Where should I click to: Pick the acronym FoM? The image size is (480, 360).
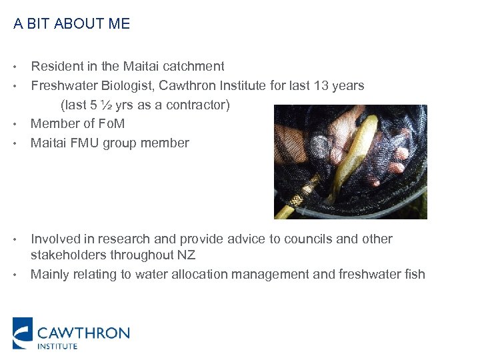coord(112,123)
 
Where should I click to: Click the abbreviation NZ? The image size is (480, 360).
coord(187,255)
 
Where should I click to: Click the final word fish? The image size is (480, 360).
coord(413,274)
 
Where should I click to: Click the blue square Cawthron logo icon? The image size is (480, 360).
coord(22,333)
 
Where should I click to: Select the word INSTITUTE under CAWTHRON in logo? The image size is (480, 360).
coord(57,345)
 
